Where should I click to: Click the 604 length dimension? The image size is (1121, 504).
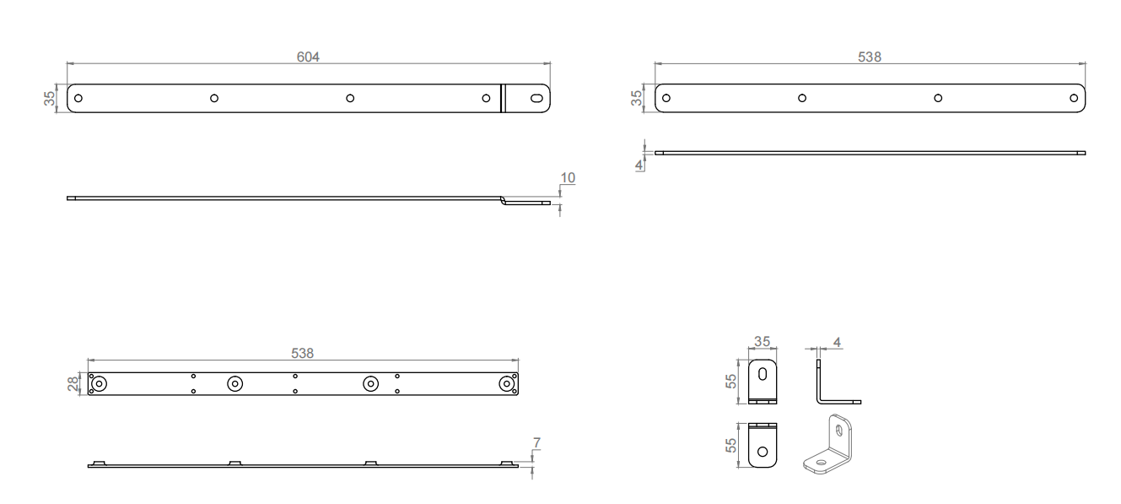pos(308,57)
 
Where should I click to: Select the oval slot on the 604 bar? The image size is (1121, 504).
pos(536,98)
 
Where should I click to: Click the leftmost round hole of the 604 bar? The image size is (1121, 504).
pos(78,98)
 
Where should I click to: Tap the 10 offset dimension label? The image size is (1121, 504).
pos(568,177)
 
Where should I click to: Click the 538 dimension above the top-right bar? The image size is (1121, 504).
pos(869,57)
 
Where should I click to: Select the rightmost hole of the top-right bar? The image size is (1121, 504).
pos(1073,98)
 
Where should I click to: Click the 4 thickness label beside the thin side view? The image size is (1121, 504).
pos(639,164)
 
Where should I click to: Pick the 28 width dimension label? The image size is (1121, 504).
pos(73,384)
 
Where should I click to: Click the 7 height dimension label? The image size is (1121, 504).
pos(537,442)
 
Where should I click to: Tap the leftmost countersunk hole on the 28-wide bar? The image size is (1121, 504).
pos(99,384)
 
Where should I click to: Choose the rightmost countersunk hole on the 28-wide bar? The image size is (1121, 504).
pos(505,384)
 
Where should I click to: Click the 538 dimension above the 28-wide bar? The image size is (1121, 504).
pos(302,354)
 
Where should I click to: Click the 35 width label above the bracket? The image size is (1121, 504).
pos(762,342)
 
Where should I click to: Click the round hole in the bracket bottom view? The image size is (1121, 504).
pos(763,451)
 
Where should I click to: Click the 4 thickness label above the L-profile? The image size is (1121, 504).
pos(837,342)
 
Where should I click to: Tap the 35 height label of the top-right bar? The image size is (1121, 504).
pos(637,98)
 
